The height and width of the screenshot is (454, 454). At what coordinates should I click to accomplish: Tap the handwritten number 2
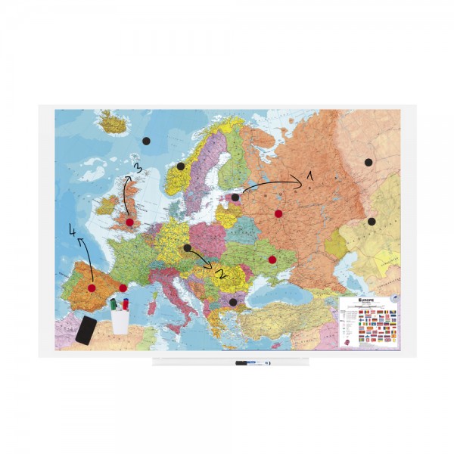point(221,273)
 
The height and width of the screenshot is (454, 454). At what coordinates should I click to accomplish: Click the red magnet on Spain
point(92,288)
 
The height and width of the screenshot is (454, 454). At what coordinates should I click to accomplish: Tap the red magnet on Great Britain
point(130,222)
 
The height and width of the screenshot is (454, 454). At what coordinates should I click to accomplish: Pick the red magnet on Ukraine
point(272,260)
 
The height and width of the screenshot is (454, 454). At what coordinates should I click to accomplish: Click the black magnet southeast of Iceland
point(146,141)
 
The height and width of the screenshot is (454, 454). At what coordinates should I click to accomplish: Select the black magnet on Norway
point(180,166)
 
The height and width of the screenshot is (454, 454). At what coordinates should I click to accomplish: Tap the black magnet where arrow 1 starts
point(235,197)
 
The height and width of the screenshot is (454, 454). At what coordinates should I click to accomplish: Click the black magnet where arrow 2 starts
point(188,247)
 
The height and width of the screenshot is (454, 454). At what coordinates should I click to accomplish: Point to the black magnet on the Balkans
point(233,302)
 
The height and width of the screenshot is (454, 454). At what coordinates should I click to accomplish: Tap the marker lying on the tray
point(252,363)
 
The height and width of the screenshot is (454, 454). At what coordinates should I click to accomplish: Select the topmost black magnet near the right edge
point(368,162)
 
